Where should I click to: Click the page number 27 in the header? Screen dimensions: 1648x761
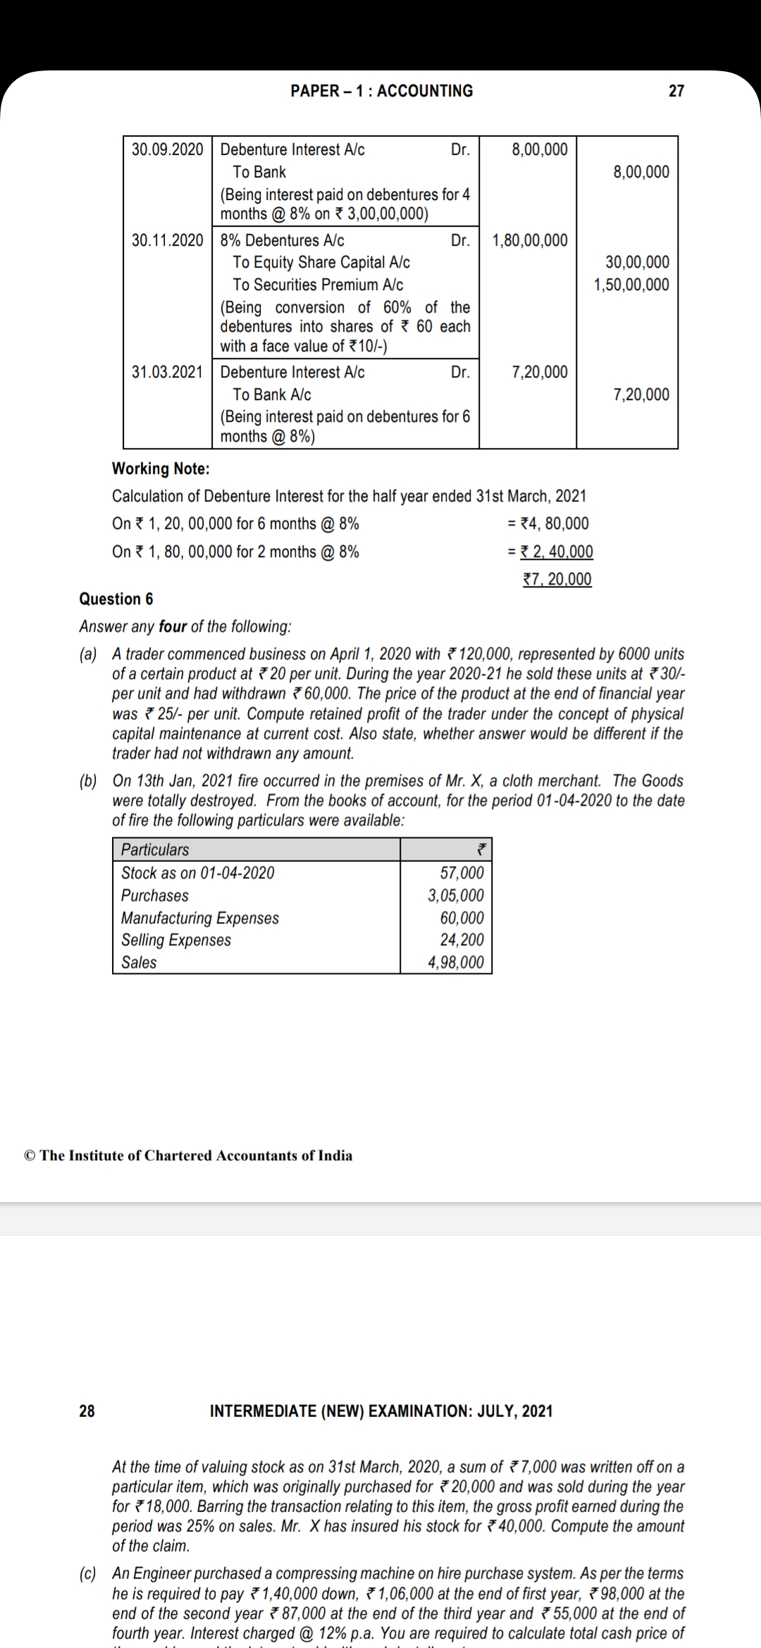(x=676, y=91)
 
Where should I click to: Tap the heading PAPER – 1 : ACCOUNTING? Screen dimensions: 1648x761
(x=381, y=91)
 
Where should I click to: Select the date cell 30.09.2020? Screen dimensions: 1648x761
(x=168, y=149)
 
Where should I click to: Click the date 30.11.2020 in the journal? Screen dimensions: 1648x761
(x=168, y=240)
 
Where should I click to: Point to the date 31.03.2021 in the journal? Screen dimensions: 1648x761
(x=168, y=372)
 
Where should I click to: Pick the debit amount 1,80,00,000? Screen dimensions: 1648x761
(x=529, y=240)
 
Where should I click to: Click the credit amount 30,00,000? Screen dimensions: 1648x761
(x=637, y=263)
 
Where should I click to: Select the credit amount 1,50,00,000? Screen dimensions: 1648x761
(x=631, y=285)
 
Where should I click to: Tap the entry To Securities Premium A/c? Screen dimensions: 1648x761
(x=318, y=285)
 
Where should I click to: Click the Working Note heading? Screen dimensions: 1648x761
(x=161, y=469)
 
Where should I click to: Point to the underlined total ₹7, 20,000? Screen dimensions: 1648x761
(x=557, y=580)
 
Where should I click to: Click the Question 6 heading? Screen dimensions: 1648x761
(x=116, y=599)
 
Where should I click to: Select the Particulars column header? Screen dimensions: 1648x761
(x=155, y=850)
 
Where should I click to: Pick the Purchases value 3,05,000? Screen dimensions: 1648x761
(x=456, y=896)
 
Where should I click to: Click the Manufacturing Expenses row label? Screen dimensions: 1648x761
(x=199, y=918)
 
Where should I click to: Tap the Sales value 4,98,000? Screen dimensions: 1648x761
(x=456, y=963)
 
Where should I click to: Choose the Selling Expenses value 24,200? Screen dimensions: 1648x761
(x=462, y=940)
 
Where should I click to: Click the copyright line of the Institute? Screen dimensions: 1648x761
(x=188, y=1156)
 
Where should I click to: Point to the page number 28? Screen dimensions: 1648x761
(x=87, y=1411)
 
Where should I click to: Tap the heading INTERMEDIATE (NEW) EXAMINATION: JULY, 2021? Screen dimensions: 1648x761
(x=381, y=1411)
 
